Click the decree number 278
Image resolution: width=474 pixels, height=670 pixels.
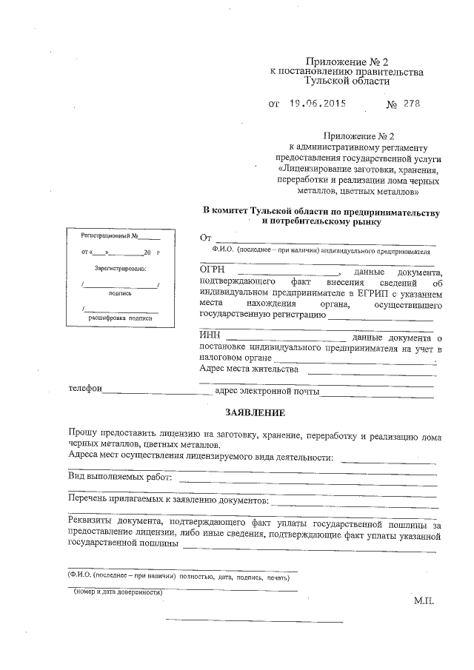click(x=411, y=104)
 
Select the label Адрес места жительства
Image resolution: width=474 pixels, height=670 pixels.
click(x=250, y=368)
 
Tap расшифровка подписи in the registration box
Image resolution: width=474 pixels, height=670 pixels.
click(x=120, y=317)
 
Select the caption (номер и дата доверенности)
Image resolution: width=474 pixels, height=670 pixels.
click(x=118, y=592)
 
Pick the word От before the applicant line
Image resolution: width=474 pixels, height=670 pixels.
click(x=207, y=239)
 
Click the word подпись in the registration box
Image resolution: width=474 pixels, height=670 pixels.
click(x=120, y=292)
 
